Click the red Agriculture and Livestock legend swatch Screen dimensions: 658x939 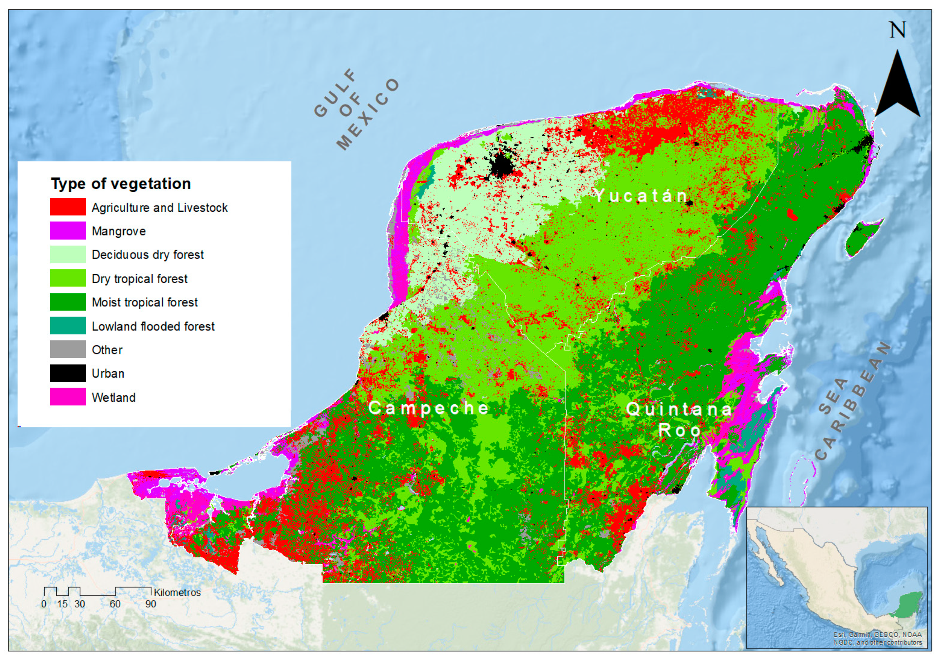coord(68,206)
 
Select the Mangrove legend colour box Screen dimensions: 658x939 coord(68,230)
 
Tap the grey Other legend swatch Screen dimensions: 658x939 coord(68,349)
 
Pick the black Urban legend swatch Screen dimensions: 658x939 coord(68,373)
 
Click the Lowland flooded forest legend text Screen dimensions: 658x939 coord(153,326)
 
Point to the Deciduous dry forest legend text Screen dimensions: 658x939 coord(148,255)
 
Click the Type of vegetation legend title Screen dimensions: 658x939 coord(121,184)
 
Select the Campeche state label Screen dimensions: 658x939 coord(428,408)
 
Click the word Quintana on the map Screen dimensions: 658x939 coord(679,409)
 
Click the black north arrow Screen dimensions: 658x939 coord(897,88)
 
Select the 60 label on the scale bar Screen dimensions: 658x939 coord(115,604)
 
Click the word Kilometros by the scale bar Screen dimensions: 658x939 coord(177,593)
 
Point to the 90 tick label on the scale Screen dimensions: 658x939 coord(151,604)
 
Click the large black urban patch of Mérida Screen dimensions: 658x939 coord(502,166)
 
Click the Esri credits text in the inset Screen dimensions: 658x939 coord(878,638)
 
